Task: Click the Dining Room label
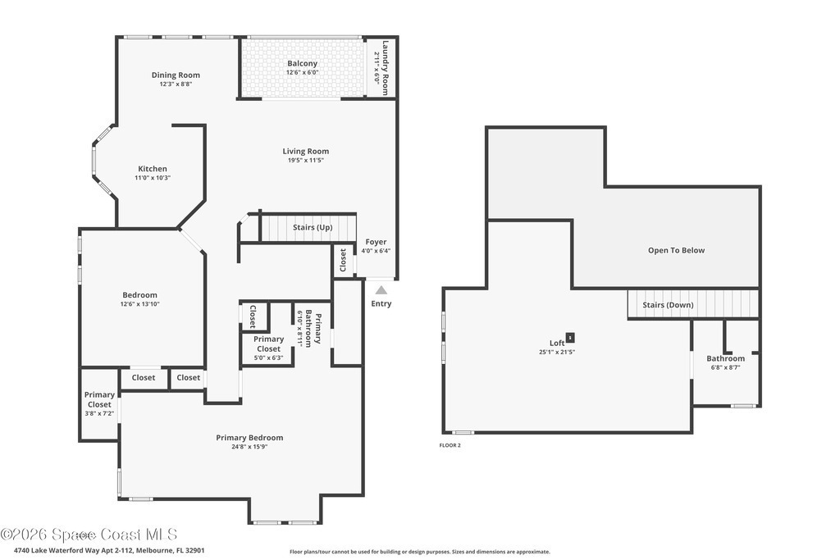(176, 75)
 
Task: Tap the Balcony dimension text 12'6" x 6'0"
(302, 73)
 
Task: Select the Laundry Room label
(386, 68)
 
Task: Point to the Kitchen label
(153, 169)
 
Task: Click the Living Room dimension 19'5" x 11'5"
(306, 160)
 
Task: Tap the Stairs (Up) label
(313, 228)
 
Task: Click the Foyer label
(376, 242)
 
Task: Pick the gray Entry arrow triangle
(381, 290)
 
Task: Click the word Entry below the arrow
(381, 303)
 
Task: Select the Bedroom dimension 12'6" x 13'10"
(139, 304)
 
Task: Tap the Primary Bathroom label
(313, 329)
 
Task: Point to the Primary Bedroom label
(249, 437)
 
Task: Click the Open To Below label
(676, 250)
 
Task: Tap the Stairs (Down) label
(668, 305)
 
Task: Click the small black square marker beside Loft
(571, 338)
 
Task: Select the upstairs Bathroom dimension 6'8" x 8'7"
(725, 368)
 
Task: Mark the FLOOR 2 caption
(450, 445)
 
